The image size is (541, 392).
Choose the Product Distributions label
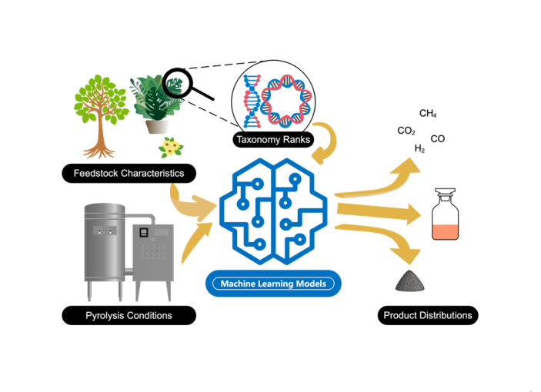click(x=429, y=314)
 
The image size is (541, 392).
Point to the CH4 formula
click(x=428, y=115)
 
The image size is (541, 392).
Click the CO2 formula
click(x=406, y=131)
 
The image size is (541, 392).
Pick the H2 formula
click(x=419, y=148)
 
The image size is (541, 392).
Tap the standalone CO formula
click(x=437, y=139)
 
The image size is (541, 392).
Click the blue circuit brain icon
click(x=273, y=211)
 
